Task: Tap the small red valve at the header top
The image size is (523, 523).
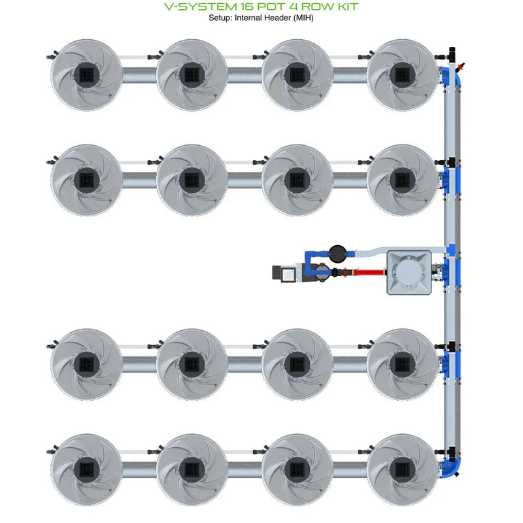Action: (x=463, y=66)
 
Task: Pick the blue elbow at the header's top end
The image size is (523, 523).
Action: (x=450, y=74)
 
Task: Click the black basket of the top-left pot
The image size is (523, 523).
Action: (x=86, y=75)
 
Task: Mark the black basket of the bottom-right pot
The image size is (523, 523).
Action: (x=402, y=469)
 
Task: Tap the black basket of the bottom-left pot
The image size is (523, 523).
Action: (x=86, y=469)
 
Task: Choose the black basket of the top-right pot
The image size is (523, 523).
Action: (x=402, y=75)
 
